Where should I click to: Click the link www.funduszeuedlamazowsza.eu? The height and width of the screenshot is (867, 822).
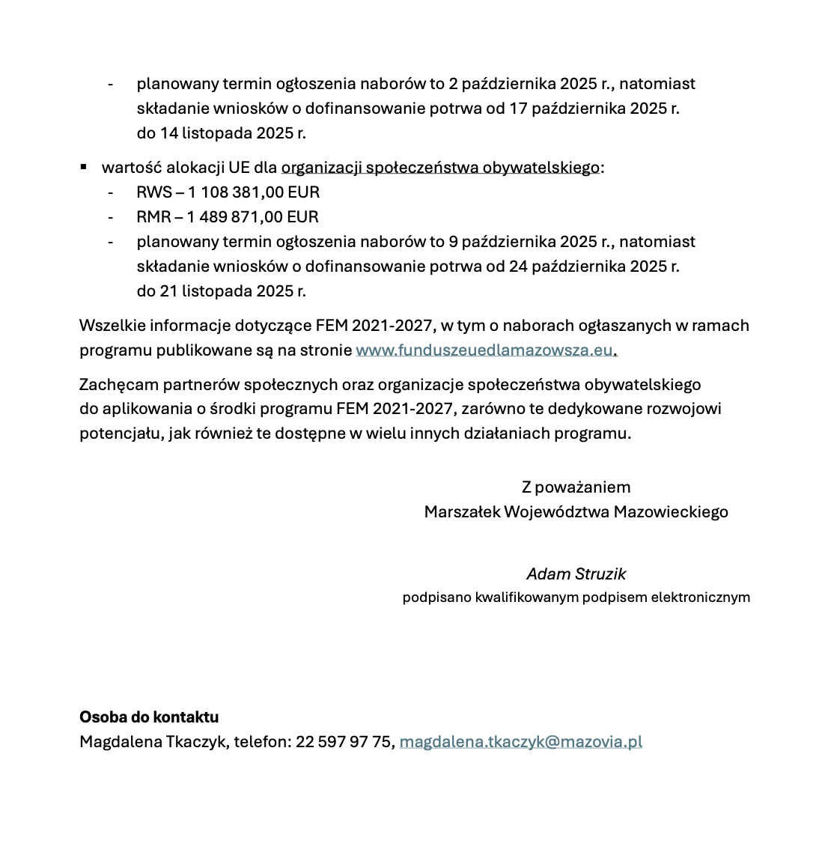[x=484, y=350]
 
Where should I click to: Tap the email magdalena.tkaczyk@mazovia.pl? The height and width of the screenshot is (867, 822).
[x=520, y=742]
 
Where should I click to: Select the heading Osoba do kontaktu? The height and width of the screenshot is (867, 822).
[x=149, y=717]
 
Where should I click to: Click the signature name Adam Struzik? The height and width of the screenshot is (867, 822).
[x=576, y=574]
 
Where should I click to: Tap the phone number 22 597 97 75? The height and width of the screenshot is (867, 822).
[x=344, y=742]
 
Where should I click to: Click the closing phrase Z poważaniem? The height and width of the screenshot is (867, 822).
[x=576, y=487]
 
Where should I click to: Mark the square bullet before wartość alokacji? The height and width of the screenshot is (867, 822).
[x=84, y=166]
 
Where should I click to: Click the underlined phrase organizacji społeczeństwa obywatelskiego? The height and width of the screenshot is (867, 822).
[x=440, y=168]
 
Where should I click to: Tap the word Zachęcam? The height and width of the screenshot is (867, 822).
[x=113, y=385]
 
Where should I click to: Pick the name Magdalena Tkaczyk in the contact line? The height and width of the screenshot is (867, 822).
[x=152, y=742]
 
